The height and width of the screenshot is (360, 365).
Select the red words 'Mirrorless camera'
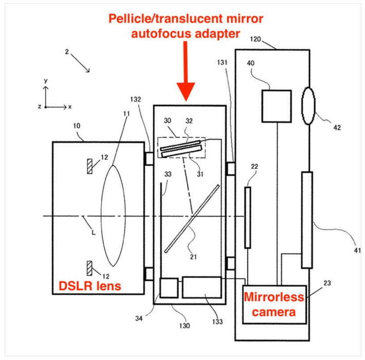pyautogui.click(x=273, y=304)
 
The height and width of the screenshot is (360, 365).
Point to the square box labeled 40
pyautogui.click(x=277, y=106)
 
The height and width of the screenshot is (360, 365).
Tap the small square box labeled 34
pyautogui.click(x=169, y=287)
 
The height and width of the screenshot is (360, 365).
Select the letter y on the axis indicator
pyautogui.click(x=46, y=81)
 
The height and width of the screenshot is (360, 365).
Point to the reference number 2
pyautogui.click(x=67, y=52)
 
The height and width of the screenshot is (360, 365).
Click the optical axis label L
pyautogui.click(x=93, y=232)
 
